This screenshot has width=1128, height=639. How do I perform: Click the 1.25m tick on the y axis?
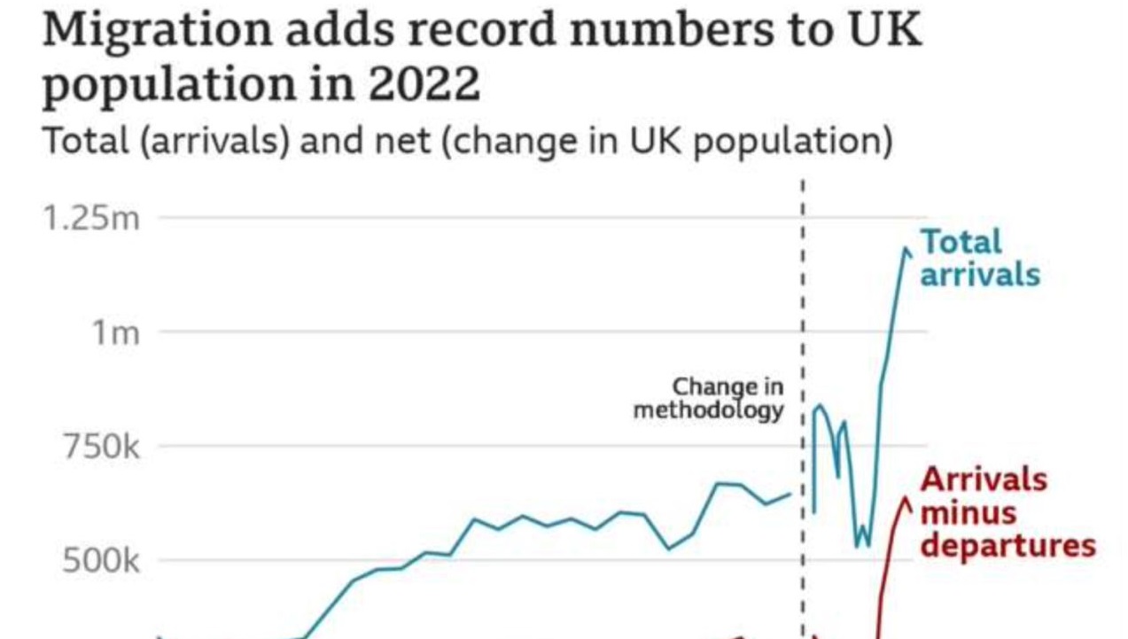pos(92,218)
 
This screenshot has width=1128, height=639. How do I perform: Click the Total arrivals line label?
pos(978,257)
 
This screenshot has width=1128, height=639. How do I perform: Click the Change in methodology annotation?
pos(709,398)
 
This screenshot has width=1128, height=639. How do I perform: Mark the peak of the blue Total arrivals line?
pos(906,249)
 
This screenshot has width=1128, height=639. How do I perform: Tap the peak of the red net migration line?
pos(906,499)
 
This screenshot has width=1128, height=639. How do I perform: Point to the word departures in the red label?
pos(1007,545)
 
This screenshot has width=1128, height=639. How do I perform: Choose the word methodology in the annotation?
pos(709,410)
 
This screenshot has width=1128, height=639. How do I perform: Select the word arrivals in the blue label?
pos(980,274)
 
